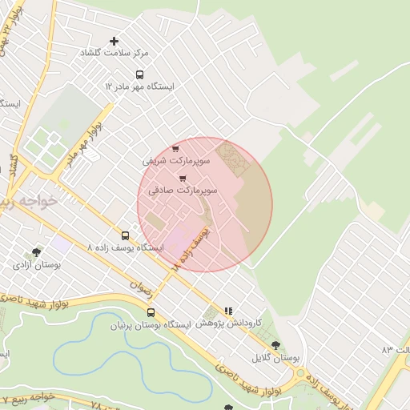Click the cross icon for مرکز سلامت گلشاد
click(114, 41)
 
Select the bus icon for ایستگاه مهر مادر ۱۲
click(139, 74)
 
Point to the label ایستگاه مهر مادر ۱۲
click(139, 86)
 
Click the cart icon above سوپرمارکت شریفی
click(175, 149)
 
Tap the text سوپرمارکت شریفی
click(176, 161)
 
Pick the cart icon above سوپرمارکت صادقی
click(183, 179)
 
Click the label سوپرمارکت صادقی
click(183, 191)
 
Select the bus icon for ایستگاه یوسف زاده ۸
click(124, 235)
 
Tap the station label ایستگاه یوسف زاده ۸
click(124, 248)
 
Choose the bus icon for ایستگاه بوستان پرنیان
click(151, 313)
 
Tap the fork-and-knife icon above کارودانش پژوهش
click(228, 311)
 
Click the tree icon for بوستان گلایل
click(275, 345)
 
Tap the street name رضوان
click(139, 289)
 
